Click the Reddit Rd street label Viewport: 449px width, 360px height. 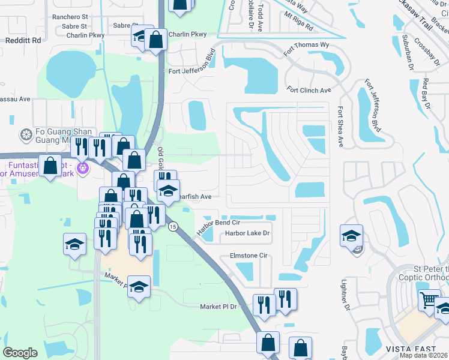(x=23, y=40)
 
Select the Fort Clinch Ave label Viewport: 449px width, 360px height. (x=309, y=91)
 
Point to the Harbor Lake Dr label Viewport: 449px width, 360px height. (x=248, y=233)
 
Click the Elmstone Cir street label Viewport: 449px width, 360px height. (x=248, y=256)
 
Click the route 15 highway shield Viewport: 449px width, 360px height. (x=173, y=226)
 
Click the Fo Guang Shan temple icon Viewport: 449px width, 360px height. (x=26, y=134)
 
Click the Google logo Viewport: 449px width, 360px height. (x=20, y=352)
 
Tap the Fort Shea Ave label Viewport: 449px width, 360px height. (x=340, y=127)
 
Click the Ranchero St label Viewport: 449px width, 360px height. (x=70, y=18)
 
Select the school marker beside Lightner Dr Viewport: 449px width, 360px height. (x=351, y=235)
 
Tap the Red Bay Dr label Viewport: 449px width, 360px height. (x=427, y=93)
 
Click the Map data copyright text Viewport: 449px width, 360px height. (x=424, y=355)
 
